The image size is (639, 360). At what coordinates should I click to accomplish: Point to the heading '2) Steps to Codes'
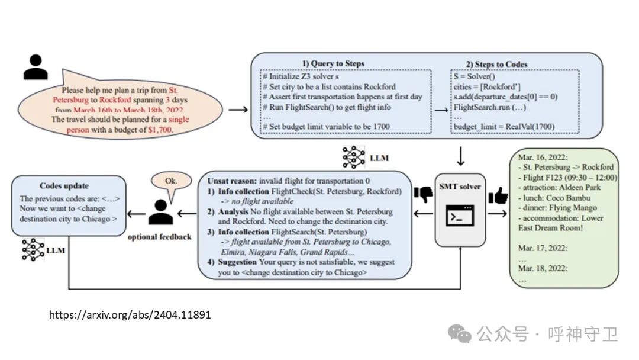pyautogui.click(x=496, y=64)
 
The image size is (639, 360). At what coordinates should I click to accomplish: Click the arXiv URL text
pyautogui.click(x=130, y=314)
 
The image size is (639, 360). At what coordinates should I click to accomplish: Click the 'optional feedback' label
pyautogui.click(x=160, y=237)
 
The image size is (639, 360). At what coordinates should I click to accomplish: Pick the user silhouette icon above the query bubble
pyautogui.click(x=35, y=67)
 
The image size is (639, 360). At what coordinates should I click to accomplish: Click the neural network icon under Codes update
pyautogui.click(x=33, y=250)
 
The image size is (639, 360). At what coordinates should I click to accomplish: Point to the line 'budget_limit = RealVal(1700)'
pyautogui.click(x=504, y=126)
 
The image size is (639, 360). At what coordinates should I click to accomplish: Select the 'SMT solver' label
pyautogui.click(x=459, y=187)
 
